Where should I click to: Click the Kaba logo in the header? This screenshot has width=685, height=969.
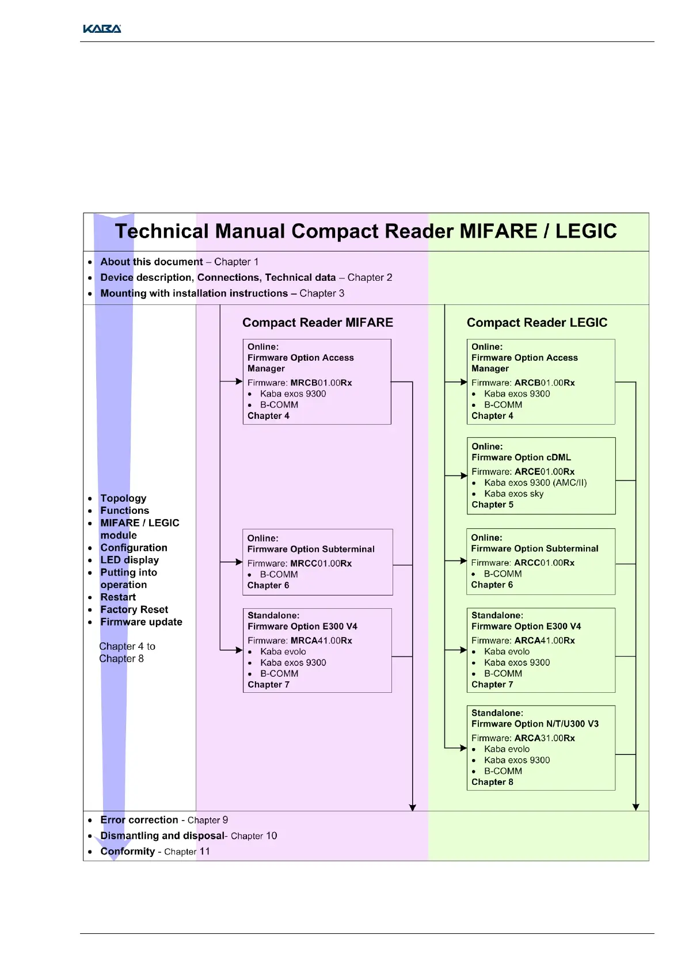coord(102,29)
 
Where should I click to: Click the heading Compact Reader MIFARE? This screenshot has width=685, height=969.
coord(317,322)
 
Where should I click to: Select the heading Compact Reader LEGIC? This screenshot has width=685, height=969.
coord(536,322)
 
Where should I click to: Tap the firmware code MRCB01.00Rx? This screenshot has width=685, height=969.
coord(321,383)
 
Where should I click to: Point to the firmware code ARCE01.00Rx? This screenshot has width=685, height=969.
coord(544,472)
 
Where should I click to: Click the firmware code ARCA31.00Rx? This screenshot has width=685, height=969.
coord(544,738)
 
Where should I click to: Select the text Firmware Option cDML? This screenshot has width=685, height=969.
coord(521,457)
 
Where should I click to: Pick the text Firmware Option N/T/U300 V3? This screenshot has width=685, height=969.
coord(535,724)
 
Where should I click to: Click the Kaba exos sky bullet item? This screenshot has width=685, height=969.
coord(513,494)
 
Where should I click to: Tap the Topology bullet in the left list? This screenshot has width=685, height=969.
coord(123,498)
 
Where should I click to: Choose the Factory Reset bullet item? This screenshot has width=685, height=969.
coord(134,609)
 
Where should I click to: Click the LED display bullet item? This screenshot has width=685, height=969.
coord(130,560)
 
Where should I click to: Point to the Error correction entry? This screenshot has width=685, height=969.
coord(139,820)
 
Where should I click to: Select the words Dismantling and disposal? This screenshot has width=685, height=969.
coord(162,836)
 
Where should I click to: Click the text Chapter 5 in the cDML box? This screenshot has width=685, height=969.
coord(492,505)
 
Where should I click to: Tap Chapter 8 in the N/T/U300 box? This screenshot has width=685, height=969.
coord(492,782)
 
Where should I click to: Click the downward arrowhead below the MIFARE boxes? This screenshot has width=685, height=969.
coord(413,807)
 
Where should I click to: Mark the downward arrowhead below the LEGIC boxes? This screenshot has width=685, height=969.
coord(635,807)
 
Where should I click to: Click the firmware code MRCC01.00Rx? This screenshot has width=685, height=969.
coord(321,563)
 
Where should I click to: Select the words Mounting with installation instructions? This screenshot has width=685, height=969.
coord(194,293)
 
